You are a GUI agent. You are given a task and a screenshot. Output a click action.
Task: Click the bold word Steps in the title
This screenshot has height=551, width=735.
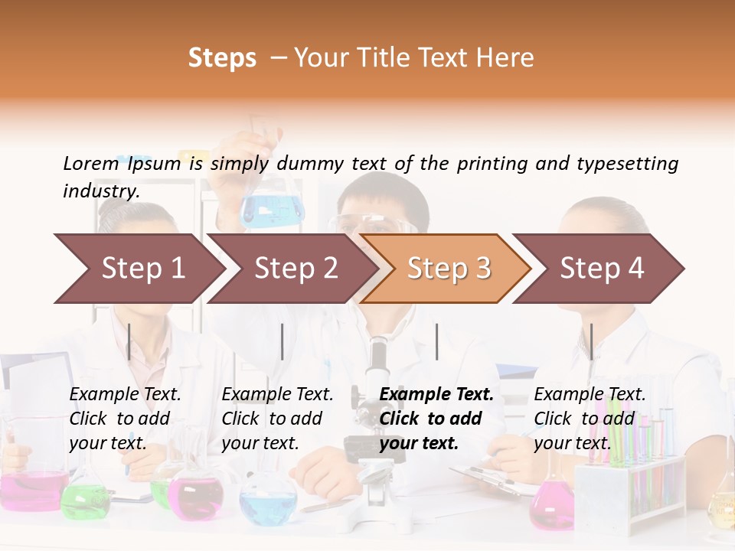(x=222, y=58)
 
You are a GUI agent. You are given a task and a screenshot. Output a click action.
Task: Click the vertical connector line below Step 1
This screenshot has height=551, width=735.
(x=129, y=341)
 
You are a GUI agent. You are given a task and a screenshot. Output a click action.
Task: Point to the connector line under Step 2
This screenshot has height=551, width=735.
(x=283, y=341)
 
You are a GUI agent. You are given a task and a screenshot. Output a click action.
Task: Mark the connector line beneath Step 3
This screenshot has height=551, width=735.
(x=437, y=341)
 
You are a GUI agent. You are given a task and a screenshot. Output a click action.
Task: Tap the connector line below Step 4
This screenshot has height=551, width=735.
(x=591, y=341)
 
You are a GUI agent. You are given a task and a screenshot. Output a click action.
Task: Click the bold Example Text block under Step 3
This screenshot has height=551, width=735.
(x=436, y=419)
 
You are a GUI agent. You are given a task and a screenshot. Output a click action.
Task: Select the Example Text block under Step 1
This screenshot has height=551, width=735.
(x=125, y=419)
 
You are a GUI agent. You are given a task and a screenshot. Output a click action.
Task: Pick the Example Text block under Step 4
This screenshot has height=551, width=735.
(x=590, y=419)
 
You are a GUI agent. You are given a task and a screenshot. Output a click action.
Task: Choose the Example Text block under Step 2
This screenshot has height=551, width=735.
(x=277, y=419)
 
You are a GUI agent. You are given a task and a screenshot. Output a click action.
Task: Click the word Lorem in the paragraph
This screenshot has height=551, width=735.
(x=90, y=163)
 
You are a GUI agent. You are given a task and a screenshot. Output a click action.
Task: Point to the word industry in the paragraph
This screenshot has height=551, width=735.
(x=100, y=191)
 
